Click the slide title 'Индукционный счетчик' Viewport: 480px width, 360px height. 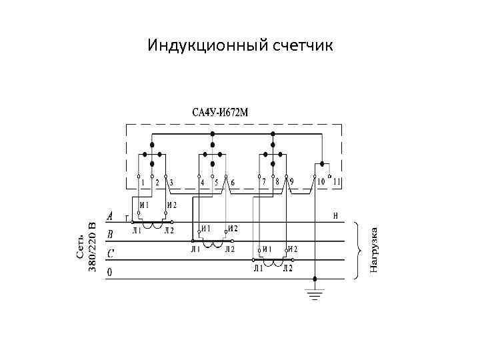coord(240,45)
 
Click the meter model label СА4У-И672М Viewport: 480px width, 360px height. coord(220,111)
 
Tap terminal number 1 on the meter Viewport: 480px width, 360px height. coord(142,182)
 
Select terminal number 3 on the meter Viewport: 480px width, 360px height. coord(171,182)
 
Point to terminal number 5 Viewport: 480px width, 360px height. coord(217,182)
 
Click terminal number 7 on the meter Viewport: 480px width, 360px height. coord(263,182)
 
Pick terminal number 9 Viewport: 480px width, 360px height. coord(291,182)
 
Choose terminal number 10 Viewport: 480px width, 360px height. coord(321,182)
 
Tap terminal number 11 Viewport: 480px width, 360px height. coord(337,182)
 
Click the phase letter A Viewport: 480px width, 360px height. coord(110,217)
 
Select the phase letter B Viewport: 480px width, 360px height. coord(110,235)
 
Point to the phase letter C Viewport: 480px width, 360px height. coord(110,253)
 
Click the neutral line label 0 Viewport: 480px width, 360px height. coord(110,272)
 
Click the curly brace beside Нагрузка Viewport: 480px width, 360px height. coord(360,249)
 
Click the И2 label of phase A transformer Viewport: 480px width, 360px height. coord(171,205)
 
